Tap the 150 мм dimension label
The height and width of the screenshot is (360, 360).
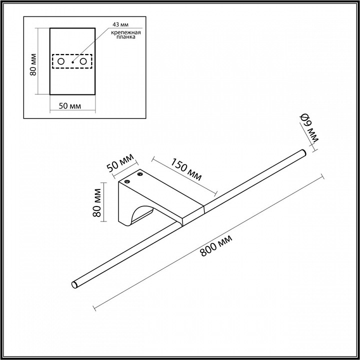point(187,170)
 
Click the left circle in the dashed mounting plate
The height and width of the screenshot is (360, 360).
point(61,61)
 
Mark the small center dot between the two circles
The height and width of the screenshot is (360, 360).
point(72,61)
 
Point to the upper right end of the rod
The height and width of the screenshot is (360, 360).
point(301,153)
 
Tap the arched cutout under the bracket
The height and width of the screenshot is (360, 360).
point(141,215)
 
